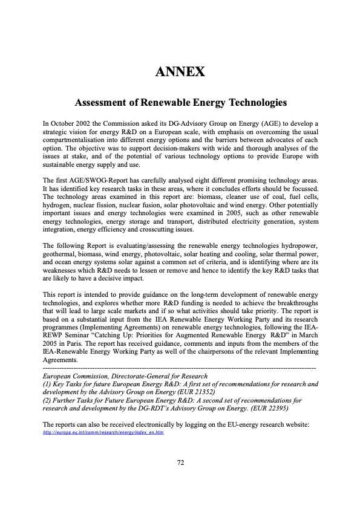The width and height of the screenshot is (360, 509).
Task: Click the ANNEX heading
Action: coord(180,73)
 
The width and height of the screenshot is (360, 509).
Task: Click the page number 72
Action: coord(180,462)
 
